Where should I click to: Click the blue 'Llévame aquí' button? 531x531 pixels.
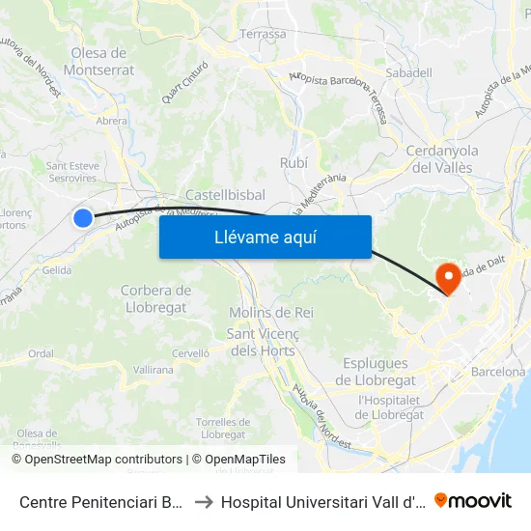[x=265, y=237]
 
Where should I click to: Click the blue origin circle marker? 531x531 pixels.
[x=83, y=218]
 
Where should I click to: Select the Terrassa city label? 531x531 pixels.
[x=263, y=34]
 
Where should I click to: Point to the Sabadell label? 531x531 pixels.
[x=407, y=72]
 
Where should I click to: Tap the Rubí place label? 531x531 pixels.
[x=293, y=163]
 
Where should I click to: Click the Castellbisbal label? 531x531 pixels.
[x=225, y=194]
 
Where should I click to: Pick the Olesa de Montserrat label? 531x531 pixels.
[x=98, y=61]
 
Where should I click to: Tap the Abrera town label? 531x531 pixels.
[x=112, y=121]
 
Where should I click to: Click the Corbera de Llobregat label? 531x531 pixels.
[x=155, y=298]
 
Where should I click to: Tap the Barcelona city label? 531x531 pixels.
[x=498, y=372]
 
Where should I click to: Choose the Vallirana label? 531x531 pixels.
[x=154, y=370]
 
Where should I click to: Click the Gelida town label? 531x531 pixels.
[x=57, y=270]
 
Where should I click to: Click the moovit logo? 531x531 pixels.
[x=473, y=501]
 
